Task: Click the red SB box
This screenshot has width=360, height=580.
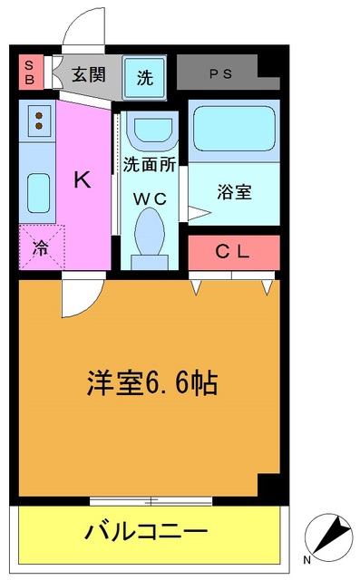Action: coord(29,72)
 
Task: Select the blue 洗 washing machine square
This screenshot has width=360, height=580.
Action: coord(145,77)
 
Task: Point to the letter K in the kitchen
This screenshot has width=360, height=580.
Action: coord(82,179)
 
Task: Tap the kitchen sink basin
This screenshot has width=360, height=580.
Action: coord(38,191)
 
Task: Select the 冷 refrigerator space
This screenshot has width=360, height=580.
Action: coord(39,246)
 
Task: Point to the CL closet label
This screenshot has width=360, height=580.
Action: coord(232,253)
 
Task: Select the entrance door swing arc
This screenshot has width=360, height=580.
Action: coord(83,25)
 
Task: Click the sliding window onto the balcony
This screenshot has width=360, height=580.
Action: coord(152,500)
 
